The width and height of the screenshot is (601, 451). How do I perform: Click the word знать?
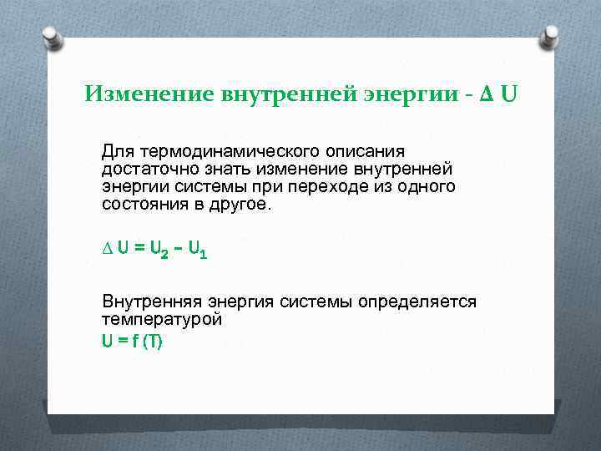(215, 169)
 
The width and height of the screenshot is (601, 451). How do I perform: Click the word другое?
(243, 204)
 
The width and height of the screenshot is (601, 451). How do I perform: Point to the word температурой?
(161, 319)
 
